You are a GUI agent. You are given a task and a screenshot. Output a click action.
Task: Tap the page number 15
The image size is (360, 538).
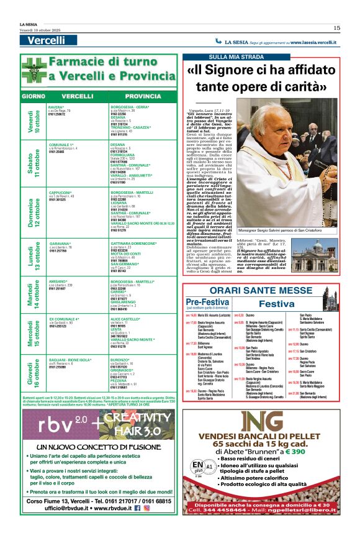pos(336,27)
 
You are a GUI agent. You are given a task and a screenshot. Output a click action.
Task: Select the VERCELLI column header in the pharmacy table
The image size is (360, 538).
pos(78,96)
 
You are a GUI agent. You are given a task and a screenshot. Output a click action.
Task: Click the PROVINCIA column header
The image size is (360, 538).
pos(143,96)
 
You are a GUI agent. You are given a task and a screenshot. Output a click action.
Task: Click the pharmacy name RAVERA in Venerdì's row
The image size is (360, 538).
pos(56,107)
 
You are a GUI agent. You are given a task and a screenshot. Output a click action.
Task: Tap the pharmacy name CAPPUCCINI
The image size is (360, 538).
pos(61,193)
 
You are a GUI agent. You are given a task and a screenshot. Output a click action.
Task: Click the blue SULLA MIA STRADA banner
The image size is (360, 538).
pos(207,57)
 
